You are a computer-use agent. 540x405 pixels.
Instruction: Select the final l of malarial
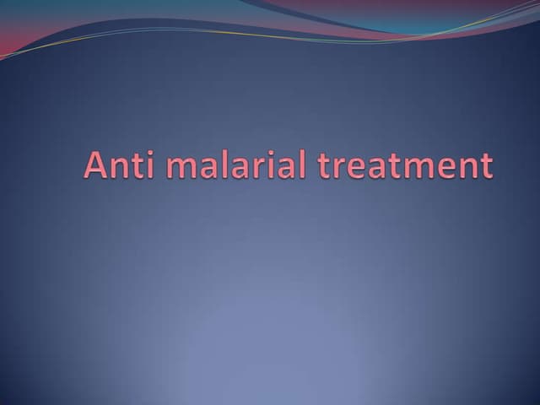pos(300,164)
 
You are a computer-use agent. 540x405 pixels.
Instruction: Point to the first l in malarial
pos(217,164)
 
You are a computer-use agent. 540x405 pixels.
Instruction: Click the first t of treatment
pos(324,165)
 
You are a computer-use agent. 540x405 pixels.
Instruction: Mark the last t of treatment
pos(483,165)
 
